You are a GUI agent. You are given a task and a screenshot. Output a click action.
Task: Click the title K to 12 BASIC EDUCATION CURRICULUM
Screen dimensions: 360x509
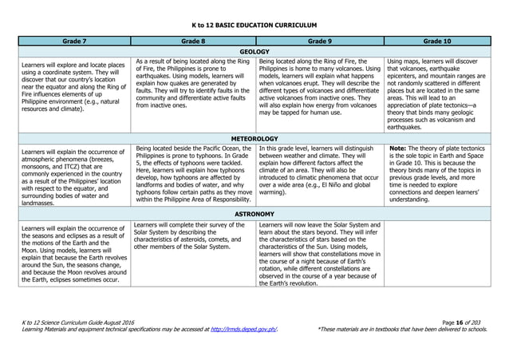coord(254,25)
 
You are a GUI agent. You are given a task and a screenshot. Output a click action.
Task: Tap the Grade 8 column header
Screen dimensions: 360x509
coord(193,39)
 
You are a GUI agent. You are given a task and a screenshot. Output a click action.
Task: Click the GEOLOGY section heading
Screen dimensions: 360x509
coord(254,50)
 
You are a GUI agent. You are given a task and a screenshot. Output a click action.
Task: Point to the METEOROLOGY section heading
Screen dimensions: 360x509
coord(254,138)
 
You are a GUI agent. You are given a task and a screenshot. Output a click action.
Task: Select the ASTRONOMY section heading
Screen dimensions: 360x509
coord(254,215)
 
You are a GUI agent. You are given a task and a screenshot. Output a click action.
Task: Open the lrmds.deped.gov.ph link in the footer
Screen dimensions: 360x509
coord(243,328)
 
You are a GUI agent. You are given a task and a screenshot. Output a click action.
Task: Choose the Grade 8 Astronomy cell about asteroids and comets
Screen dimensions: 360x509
coord(193,235)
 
